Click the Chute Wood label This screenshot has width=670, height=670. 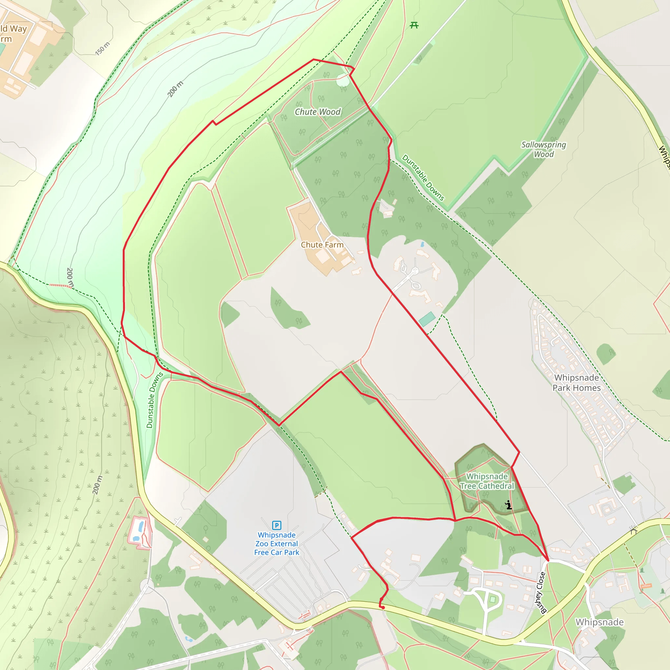pyautogui.click(x=317, y=112)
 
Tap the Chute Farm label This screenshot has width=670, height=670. pyautogui.click(x=322, y=245)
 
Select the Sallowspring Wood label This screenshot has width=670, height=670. pyautogui.click(x=543, y=150)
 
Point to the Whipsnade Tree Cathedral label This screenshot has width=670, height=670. pyautogui.click(x=487, y=481)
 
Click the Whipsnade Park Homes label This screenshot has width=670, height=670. pyautogui.click(x=576, y=382)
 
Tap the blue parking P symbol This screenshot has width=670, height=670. pyautogui.click(x=276, y=525)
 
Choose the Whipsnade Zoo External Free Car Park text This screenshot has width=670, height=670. pyautogui.click(x=276, y=544)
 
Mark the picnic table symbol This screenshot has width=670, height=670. pyautogui.click(x=414, y=25)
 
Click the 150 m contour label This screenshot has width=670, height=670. pyautogui.click(x=103, y=48)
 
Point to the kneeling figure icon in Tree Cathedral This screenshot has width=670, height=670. pyautogui.click(x=508, y=505)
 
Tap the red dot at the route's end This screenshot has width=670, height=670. pyautogui.click(x=383, y=608)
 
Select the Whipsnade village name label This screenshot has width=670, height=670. pyautogui.click(x=600, y=622)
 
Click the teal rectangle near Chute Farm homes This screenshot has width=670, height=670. pyautogui.click(x=427, y=319)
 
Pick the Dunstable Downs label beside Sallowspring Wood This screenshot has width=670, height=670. pyautogui.click(x=423, y=178)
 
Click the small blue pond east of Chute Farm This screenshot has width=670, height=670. pyautogui.click(x=422, y=244)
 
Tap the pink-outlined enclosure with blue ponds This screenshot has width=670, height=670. pyautogui.click(x=139, y=532)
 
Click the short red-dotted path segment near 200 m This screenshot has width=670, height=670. pyautogui.click(x=60, y=285)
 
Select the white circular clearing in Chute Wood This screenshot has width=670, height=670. pyautogui.click(x=343, y=81)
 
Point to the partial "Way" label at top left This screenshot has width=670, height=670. pyautogui.click(x=18, y=28)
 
